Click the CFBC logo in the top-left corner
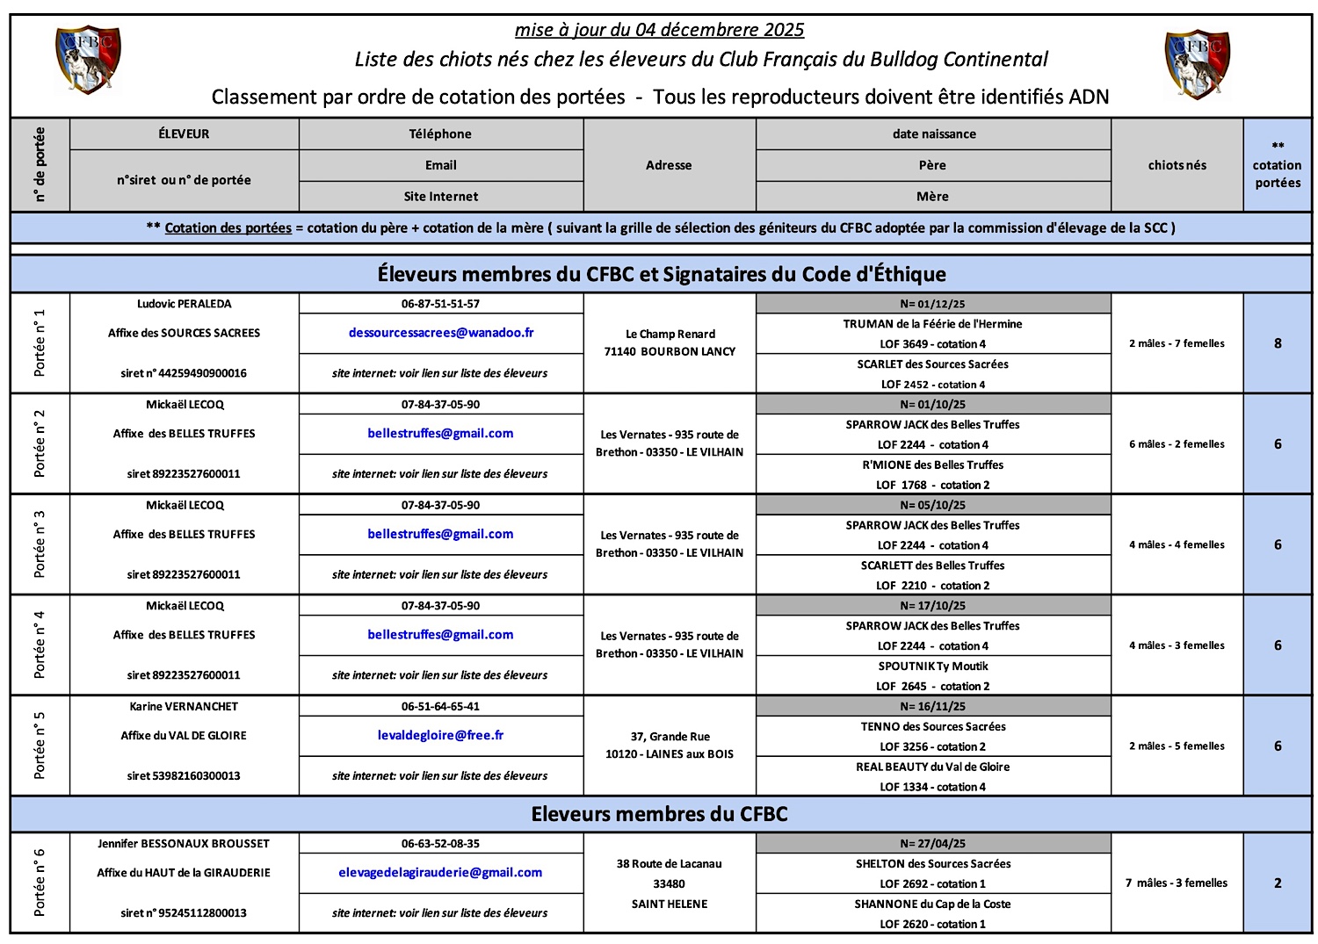tap(88, 59)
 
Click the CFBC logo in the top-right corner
tap(1197, 63)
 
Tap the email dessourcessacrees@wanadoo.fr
tap(441, 333)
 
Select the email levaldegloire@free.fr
tap(440, 735)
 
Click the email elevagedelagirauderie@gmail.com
tap(440, 872)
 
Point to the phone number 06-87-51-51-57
tap(440, 304)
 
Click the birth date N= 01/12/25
tap(932, 304)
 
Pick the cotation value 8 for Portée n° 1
tap(1278, 343)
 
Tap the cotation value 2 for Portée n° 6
tap(1278, 883)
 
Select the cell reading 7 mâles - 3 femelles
tap(1177, 883)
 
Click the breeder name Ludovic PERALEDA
tap(185, 304)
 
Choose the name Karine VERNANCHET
tap(184, 706)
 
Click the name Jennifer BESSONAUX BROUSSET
tap(184, 843)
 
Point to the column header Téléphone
tap(440, 133)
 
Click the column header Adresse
tap(669, 165)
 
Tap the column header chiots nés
tap(1177, 165)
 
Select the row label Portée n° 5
tap(40, 746)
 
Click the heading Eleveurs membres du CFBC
tap(659, 814)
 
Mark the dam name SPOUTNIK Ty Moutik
tap(932, 667)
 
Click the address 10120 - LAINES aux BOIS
tap(669, 753)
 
